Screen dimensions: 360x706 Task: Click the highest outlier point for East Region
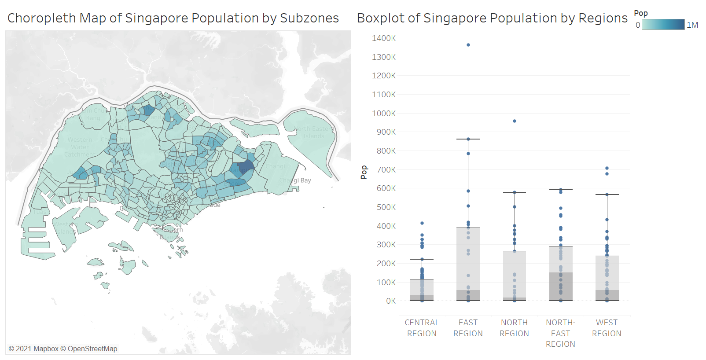coord(468,45)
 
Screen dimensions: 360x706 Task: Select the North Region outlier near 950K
coord(515,121)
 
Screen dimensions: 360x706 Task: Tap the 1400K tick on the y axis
coord(384,38)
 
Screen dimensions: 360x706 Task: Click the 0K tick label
coord(391,301)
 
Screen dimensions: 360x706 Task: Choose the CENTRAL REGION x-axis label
coord(422,328)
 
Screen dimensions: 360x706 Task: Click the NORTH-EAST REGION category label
coord(560,333)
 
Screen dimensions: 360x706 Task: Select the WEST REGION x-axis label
coord(607,328)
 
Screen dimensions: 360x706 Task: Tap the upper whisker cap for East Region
coord(468,139)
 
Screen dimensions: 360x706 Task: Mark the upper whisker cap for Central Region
coord(422,259)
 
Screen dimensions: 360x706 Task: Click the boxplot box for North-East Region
coord(561,273)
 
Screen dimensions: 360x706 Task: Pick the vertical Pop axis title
coord(364,172)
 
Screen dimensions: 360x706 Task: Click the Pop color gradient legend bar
coord(663,25)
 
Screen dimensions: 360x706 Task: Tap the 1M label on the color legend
coord(692,25)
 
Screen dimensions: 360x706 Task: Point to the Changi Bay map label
coord(295,180)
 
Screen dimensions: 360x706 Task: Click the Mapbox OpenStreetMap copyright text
coord(63,349)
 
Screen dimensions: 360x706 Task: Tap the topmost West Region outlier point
coord(607,168)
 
